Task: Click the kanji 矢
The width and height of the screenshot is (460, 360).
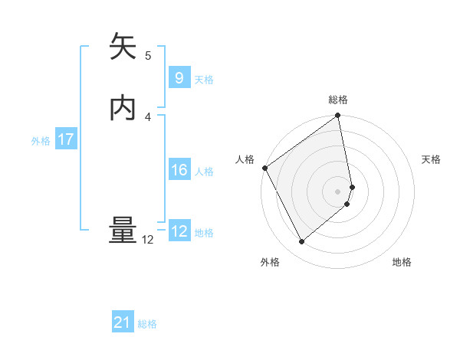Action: click(123, 47)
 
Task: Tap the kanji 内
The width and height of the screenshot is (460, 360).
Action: click(123, 109)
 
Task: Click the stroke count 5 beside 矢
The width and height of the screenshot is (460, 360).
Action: click(148, 55)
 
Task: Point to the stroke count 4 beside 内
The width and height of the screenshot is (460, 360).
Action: click(148, 116)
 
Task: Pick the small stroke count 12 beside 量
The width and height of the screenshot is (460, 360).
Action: click(148, 240)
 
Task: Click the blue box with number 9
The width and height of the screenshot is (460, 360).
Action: click(179, 78)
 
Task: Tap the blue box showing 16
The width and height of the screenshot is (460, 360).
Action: click(179, 170)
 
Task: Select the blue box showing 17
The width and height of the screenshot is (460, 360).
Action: click(65, 139)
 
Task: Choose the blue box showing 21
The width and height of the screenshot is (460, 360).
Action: click(123, 323)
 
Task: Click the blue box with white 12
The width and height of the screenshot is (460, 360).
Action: click(179, 231)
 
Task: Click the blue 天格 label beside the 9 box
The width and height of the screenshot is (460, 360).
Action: click(204, 80)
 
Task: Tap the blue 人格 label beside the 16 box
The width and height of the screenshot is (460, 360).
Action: click(204, 172)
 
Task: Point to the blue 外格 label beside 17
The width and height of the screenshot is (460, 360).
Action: click(41, 141)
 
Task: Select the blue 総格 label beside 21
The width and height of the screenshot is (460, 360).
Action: click(147, 325)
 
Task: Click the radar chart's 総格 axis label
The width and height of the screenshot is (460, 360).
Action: click(338, 100)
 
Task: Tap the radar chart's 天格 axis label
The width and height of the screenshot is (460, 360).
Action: click(431, 159)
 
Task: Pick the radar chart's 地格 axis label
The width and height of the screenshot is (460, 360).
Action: click(402, 262)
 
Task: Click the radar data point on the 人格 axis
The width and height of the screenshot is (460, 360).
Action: click(264, 168)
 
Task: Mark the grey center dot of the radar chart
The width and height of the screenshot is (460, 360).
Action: click(338, 191)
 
